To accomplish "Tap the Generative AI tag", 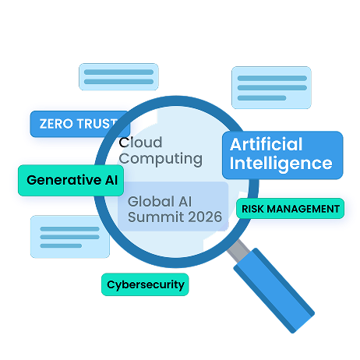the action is (x=71, y=180).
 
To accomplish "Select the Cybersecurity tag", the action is (x=145, y=284).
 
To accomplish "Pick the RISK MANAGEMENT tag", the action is (x=290, y=209).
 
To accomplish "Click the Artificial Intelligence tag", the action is (x=283, y=155).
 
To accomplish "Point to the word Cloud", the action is (x=140, y=143).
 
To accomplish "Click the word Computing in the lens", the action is (x=161, y=159).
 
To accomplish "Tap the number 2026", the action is (x=205, y=217).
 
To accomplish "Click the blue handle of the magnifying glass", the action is (x=274, y=291).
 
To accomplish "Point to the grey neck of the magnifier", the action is (x=238, y=251).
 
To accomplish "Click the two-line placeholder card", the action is (x=118, y=77).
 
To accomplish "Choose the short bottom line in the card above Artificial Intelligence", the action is (x=262, y=98).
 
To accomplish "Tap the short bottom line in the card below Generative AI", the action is (x=61, y=245).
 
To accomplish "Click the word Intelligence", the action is (x=281, y=164).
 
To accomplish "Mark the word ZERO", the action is (x=56, y=124).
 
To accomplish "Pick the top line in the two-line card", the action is (x=118, y=72).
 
